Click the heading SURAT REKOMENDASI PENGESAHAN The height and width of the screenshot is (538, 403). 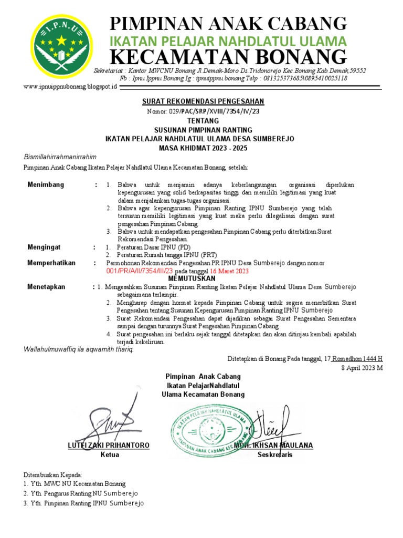(204, 101)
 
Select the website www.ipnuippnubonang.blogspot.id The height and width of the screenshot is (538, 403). (70, 86)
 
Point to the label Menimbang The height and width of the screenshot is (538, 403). (46, 185)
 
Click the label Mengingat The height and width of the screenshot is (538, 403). (44, 246)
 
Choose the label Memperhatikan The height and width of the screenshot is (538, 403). (51, 263)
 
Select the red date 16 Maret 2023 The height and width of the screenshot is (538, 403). (229, 271)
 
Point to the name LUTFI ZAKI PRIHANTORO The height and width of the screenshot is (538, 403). (109, 446)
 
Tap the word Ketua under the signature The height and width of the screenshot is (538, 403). (110, 454)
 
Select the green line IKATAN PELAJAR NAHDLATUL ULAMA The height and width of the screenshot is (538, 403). (227, 41)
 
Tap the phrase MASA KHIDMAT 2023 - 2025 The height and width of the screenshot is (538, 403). (203, 148)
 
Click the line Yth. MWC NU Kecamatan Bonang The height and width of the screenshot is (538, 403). (75, 483)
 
